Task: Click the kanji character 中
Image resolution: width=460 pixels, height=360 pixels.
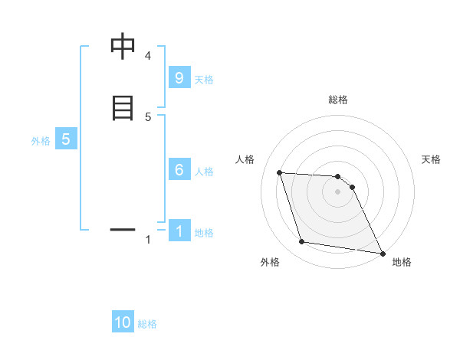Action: point(123,47)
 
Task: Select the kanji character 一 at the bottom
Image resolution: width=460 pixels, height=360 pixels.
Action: point(123,228)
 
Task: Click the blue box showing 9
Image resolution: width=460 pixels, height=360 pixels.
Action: point(179,77)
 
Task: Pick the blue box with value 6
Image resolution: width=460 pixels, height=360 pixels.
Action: point(179,170)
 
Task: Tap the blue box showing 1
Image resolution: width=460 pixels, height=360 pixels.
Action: point(179,231)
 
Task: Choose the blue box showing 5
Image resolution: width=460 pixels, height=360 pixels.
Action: point(66,139)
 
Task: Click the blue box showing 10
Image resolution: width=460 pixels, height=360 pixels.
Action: point(123,322)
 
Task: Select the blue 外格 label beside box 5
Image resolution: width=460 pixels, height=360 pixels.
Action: point(40,141)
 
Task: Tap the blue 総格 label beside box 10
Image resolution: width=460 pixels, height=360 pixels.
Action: point(147,324)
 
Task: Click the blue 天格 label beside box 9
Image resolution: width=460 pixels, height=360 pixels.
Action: point(204,80)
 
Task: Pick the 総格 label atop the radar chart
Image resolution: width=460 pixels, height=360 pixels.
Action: point(338,100)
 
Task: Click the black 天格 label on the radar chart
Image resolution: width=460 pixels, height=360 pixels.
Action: point(431,159)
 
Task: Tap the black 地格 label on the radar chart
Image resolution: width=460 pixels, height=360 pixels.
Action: point(402,262)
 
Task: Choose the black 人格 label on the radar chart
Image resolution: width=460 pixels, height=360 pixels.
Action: point(245,159)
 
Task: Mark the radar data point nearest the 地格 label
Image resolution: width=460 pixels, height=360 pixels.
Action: point(382,253)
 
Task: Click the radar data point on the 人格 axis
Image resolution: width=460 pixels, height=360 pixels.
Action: point(280,172)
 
